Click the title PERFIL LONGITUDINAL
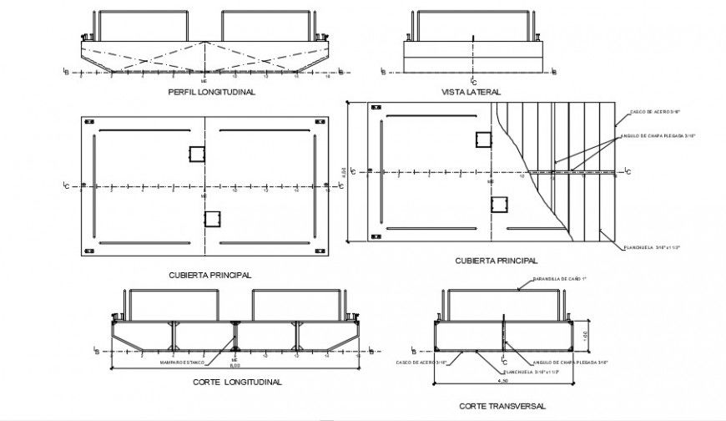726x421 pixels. pos(211,93)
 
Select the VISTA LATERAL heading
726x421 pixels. pos(469,93)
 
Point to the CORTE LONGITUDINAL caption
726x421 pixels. pos(237,382)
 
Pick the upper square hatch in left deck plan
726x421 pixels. pos(197,155)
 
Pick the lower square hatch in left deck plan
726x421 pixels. pos(213,219)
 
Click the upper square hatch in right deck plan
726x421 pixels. pos(484,139)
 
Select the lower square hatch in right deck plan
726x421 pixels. pos(500,205)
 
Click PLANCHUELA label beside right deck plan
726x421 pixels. pos(647,247)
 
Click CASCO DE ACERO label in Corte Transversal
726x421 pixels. pos(421,363)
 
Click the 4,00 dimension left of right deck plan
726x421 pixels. pos(353,172)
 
